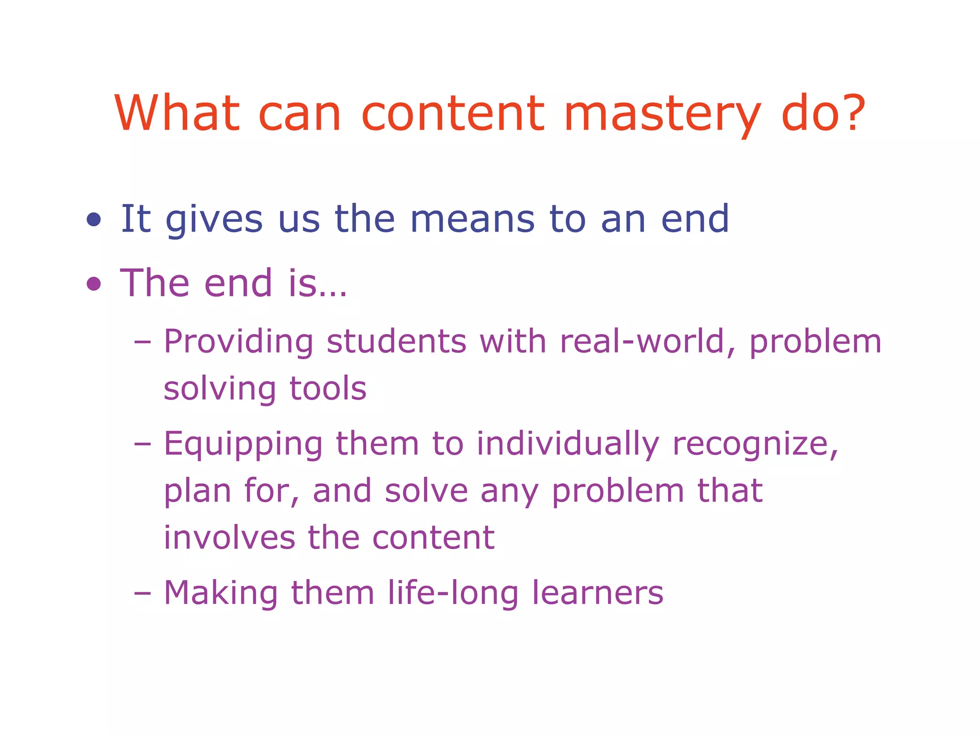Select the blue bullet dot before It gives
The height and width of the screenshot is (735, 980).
(94, 220)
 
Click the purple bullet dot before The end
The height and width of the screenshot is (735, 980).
(94, 284)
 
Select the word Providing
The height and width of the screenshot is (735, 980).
(238, 343)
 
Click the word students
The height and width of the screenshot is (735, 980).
(396, 342)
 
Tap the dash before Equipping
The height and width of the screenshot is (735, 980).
(142, 444)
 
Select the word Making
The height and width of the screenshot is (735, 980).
(221, 594)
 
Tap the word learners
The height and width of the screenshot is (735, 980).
(598, 593)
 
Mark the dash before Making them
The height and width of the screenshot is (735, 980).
(142, 593)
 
